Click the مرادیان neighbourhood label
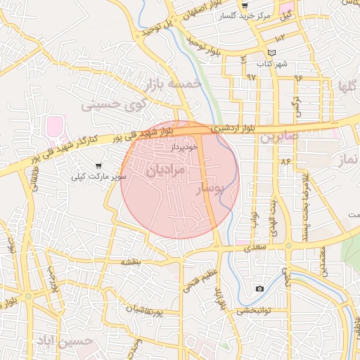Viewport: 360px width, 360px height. (x=167, y=170)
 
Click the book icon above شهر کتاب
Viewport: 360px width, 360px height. (x=271, y=53)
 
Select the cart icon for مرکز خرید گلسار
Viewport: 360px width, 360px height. (x=244, y=5)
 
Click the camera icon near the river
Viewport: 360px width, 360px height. (x=259, y=288)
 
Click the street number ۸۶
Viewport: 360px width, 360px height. (x=285, y=162)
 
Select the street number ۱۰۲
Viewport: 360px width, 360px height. (x=281, y=37)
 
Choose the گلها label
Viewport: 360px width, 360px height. (x=347, y=88)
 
